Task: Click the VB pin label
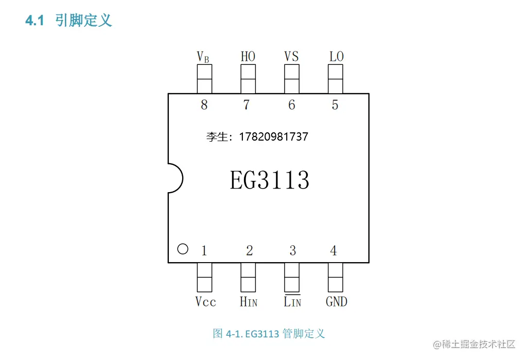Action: tap(203, 57)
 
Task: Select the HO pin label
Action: tap(248, 56)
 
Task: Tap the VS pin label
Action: tap(291, 56)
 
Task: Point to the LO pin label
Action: tap(336, 56)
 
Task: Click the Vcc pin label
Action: tap(205, 302)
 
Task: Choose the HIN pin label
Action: tap(248, 302)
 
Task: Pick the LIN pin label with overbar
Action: tap(292, 301)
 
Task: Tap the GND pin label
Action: tap(336, 302)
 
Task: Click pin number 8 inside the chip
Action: tap(204, 105)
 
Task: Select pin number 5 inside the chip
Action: tap(335, 105)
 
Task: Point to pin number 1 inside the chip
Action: tap(204, 251)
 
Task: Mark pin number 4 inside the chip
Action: tap(334, 251)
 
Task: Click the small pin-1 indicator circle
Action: tap(182, 249)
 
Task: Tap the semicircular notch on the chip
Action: tap(175, 178)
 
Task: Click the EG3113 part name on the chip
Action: tap(269, 180)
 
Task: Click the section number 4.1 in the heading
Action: tap(36, 21)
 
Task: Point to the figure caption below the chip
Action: tap(269, 334)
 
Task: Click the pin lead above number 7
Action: tap(248, 79)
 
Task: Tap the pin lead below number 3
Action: tap(292, 277)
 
